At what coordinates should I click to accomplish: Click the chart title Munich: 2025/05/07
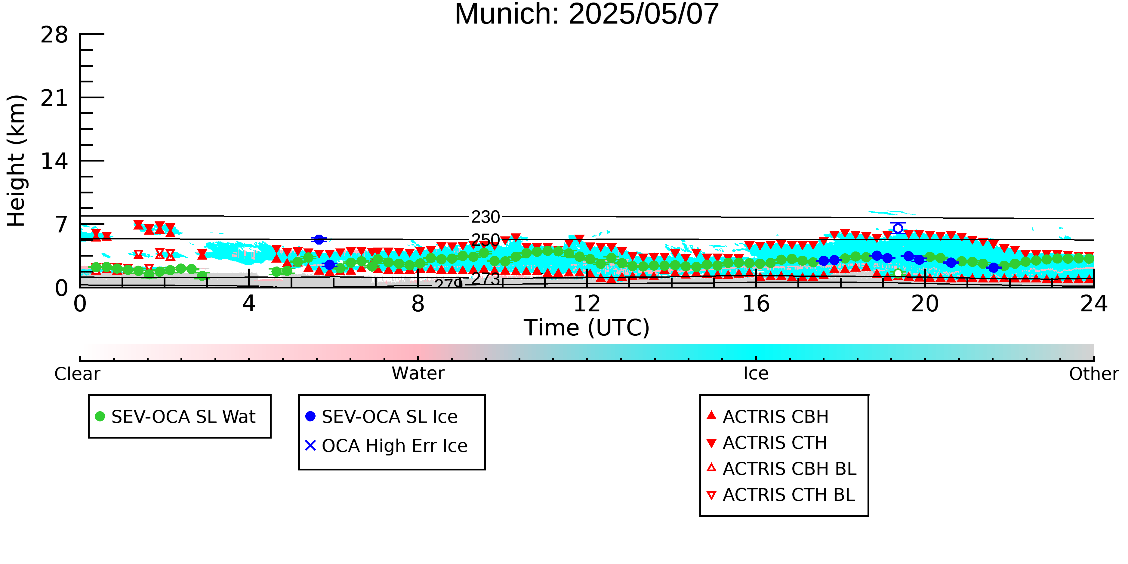tap(587, 14)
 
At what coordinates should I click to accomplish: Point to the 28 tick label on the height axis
tap(54, 35)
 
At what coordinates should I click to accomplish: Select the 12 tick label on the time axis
tap(587, 304)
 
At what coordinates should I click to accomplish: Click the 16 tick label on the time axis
tap(756, 304)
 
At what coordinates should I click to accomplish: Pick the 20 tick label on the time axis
tap(925, 304)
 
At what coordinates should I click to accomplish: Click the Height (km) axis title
tap(17, 161)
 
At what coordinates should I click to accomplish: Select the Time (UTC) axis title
tap(587, 328)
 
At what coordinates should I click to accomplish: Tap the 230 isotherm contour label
tap(485, 217)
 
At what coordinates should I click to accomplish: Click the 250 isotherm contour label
tap(485, 240)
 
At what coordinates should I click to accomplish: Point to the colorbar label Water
tap(418, 374)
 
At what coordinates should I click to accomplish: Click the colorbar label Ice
tap(756, 374)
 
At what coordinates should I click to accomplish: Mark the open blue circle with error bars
tap(898, 228)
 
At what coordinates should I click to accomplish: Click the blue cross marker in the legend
tap(310, 445)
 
